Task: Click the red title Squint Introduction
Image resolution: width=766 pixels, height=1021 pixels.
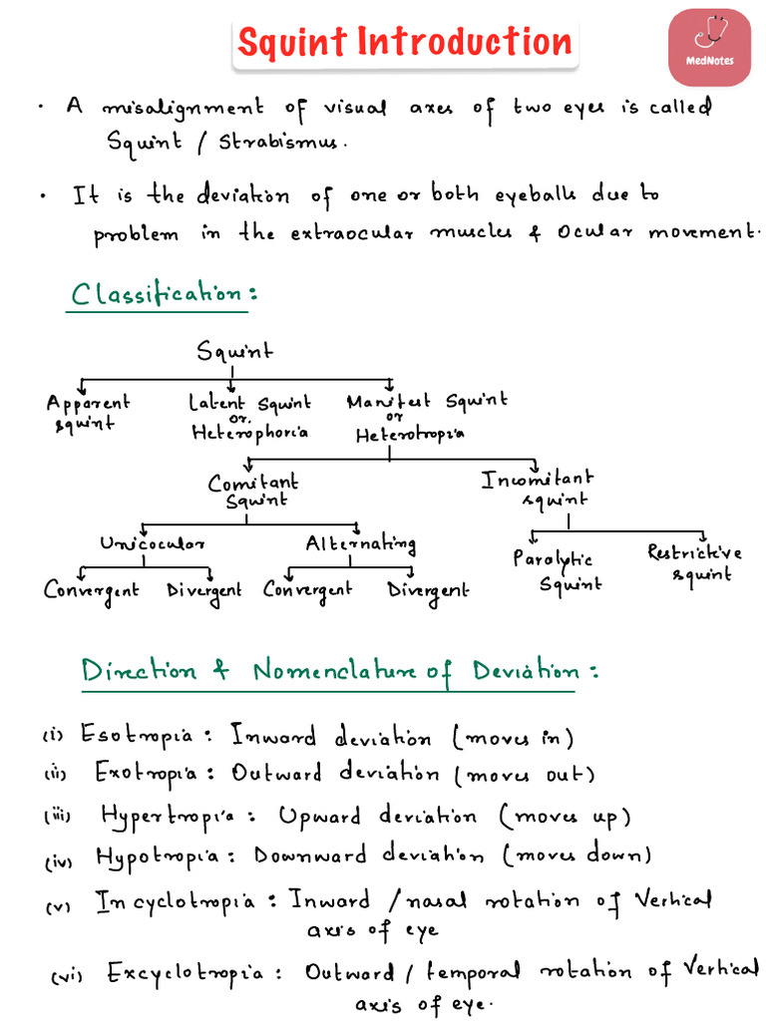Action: click(405, 43)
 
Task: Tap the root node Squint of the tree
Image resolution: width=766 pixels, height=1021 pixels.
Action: click(234, 351)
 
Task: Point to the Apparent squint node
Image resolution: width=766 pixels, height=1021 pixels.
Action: click(88, 413)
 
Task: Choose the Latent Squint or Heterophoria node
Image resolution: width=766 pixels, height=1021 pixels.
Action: click(249, 417)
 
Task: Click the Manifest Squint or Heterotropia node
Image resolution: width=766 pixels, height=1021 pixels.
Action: click(426, 417)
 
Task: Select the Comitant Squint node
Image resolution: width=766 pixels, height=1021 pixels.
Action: click(252, 491)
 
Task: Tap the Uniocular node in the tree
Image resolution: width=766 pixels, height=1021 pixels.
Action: click(153, 544)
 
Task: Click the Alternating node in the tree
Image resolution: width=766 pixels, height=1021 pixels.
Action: click(361, 544)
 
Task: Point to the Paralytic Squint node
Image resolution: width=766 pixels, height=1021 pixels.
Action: click(555, 571)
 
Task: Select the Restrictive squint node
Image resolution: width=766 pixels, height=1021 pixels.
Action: click(694, 562)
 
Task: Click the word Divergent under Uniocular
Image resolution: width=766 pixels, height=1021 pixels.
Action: click(204, 590)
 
